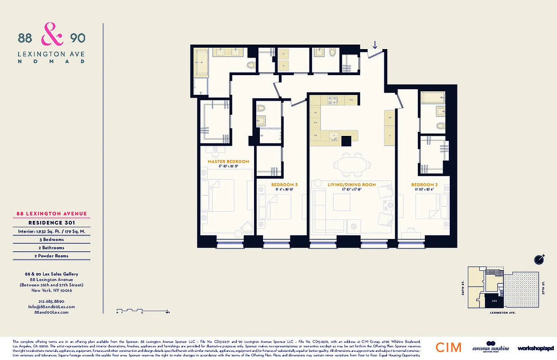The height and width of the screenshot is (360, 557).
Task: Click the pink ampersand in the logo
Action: [x=50, y=36]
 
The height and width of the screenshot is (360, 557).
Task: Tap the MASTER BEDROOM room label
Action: [x=228, y=162]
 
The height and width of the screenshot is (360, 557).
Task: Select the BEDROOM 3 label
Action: [x=284, y=185]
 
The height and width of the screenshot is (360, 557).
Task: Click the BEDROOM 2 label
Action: [x=424, y=185]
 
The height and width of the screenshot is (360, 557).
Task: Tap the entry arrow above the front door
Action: [x=375, y=45]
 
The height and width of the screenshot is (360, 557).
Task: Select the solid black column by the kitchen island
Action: [x=346, y=140]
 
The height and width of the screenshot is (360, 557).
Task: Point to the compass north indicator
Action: [x=539, y=259]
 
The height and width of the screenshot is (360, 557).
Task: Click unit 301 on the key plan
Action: [x=494, y=300]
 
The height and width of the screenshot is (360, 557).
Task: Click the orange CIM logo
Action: [x=448, y=347]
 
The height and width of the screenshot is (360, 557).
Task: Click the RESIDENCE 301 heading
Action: [x=52, y=222]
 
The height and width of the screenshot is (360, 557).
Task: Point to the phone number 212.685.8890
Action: [x=52, y=301]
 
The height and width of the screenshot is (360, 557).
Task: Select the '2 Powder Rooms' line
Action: [x=52, y=256]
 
